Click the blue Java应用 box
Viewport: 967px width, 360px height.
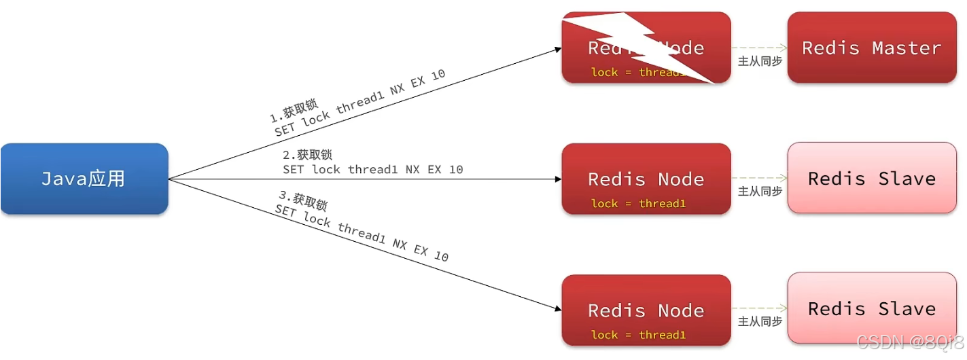[x=84, y=179]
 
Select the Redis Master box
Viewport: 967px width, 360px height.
[x=871, y=48]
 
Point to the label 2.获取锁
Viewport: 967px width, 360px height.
[x=307, y=155]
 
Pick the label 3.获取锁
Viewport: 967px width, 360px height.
[x=303, y=200]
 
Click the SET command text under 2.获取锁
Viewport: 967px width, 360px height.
[x=372, y=169]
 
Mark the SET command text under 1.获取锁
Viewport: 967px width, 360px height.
[x=360, y=102]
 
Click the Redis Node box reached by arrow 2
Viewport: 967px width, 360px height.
[x=646, y=179]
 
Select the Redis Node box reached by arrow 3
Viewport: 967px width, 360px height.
[x=646, y=310]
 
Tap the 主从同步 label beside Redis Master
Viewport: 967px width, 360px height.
[x=760, y=61]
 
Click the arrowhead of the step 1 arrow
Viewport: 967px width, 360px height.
[x=558, y=49]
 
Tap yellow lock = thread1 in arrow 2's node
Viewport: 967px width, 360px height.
[x=638, y=203]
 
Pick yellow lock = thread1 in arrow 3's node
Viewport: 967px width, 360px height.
[x=638, y=334]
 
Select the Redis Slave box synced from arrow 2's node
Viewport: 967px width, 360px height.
[x=871, y=178]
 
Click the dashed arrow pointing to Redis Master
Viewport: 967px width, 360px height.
[x=759, y=48]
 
